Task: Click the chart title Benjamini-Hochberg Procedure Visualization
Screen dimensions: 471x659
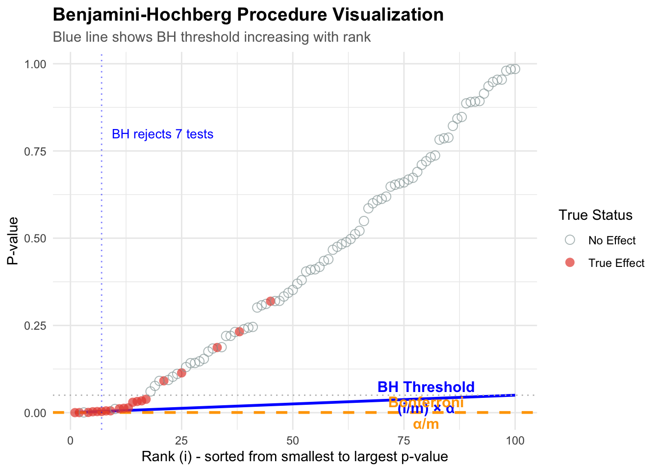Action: tap(248, 15)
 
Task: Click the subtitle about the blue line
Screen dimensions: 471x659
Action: tap(211, 37)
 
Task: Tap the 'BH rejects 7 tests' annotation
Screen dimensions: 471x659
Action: tap(162, 134)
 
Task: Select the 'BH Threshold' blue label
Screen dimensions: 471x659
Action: tap(426, 387)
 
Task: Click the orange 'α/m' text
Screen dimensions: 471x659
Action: tap(426, 424)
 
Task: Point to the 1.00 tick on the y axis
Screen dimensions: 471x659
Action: tap(35, 64)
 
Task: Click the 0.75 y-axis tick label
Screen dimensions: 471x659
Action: tap(35, 151)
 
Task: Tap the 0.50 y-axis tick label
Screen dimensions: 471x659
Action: tap(35, 238)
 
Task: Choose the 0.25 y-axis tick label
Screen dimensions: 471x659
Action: tap(35, 325)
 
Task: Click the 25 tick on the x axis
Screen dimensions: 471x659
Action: tap(181, 441)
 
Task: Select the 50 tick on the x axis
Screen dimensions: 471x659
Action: tap(293, 441)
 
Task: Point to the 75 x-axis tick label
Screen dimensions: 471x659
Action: tap(404, 441)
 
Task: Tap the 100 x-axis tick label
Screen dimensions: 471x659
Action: tap(515, 441)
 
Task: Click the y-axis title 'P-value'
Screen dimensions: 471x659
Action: tap(13, 240)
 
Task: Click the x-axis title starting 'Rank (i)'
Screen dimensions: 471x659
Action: tap(295, 457)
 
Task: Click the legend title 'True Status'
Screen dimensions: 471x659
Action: tap(595, 215)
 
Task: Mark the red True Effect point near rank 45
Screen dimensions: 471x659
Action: tap(271, 301)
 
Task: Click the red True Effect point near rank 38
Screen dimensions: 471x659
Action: tap(239, 332)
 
